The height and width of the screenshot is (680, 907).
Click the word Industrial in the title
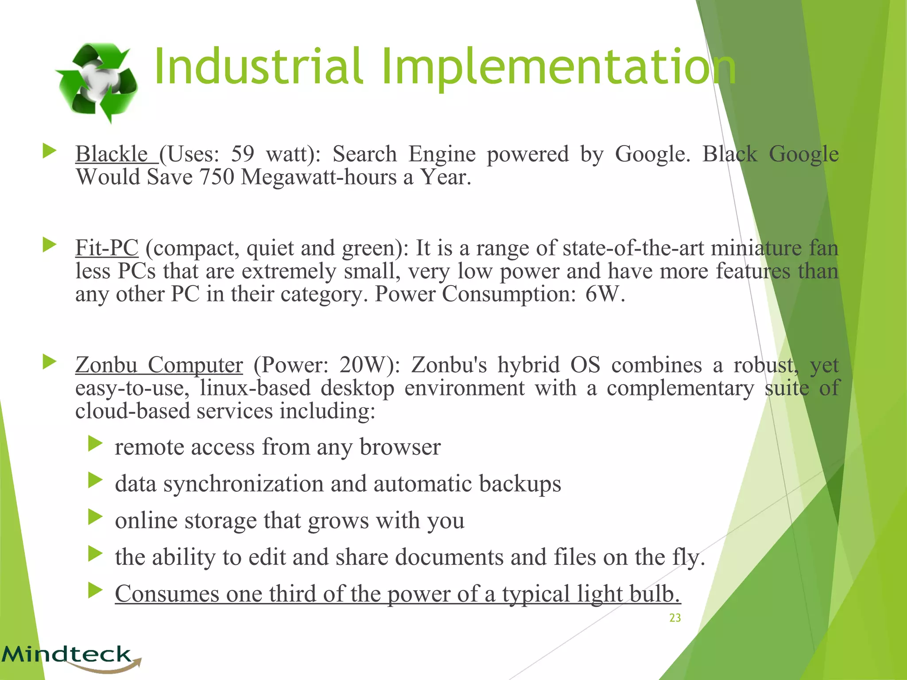pos(259,67)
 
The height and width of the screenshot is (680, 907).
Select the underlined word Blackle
pos(112,154)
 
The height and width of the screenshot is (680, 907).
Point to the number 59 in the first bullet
pos(243,154)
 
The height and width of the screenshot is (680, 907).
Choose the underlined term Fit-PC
pos(107,248)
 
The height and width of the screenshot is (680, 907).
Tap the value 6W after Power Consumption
pos(605,294)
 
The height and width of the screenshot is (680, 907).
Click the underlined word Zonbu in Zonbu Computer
pos(106,365)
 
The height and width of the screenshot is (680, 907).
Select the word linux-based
pos(255,388)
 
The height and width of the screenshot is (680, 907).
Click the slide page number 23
pos(675,618)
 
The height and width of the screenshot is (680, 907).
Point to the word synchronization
pos(244,484)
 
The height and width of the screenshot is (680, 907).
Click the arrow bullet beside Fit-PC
pos(49,245)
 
